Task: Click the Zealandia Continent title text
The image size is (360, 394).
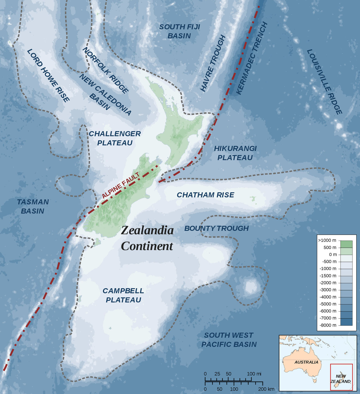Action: [147, 238]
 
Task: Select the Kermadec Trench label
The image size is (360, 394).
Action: [251, 59]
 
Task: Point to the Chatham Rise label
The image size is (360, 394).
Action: [205, 195]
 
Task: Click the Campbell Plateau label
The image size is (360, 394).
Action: [123, 295]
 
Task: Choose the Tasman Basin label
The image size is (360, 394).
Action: [33, 206]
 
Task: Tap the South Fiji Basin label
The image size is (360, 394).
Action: [179, 31]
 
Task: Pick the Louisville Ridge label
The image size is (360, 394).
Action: [324, 81]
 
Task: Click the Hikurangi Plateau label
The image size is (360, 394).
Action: [235, 153]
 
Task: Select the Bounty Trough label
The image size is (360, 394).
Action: [216, 228]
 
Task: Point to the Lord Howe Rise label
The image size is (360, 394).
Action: [48, 75]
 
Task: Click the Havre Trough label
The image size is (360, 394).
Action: [213, 64]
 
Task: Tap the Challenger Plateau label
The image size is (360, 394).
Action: [115, 138]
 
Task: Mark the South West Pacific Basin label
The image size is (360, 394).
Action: [229, 340]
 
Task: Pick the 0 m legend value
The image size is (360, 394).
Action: [333, 255]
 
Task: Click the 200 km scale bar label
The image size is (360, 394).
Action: [266, 389]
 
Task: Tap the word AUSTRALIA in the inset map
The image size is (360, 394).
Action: [306, 362]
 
